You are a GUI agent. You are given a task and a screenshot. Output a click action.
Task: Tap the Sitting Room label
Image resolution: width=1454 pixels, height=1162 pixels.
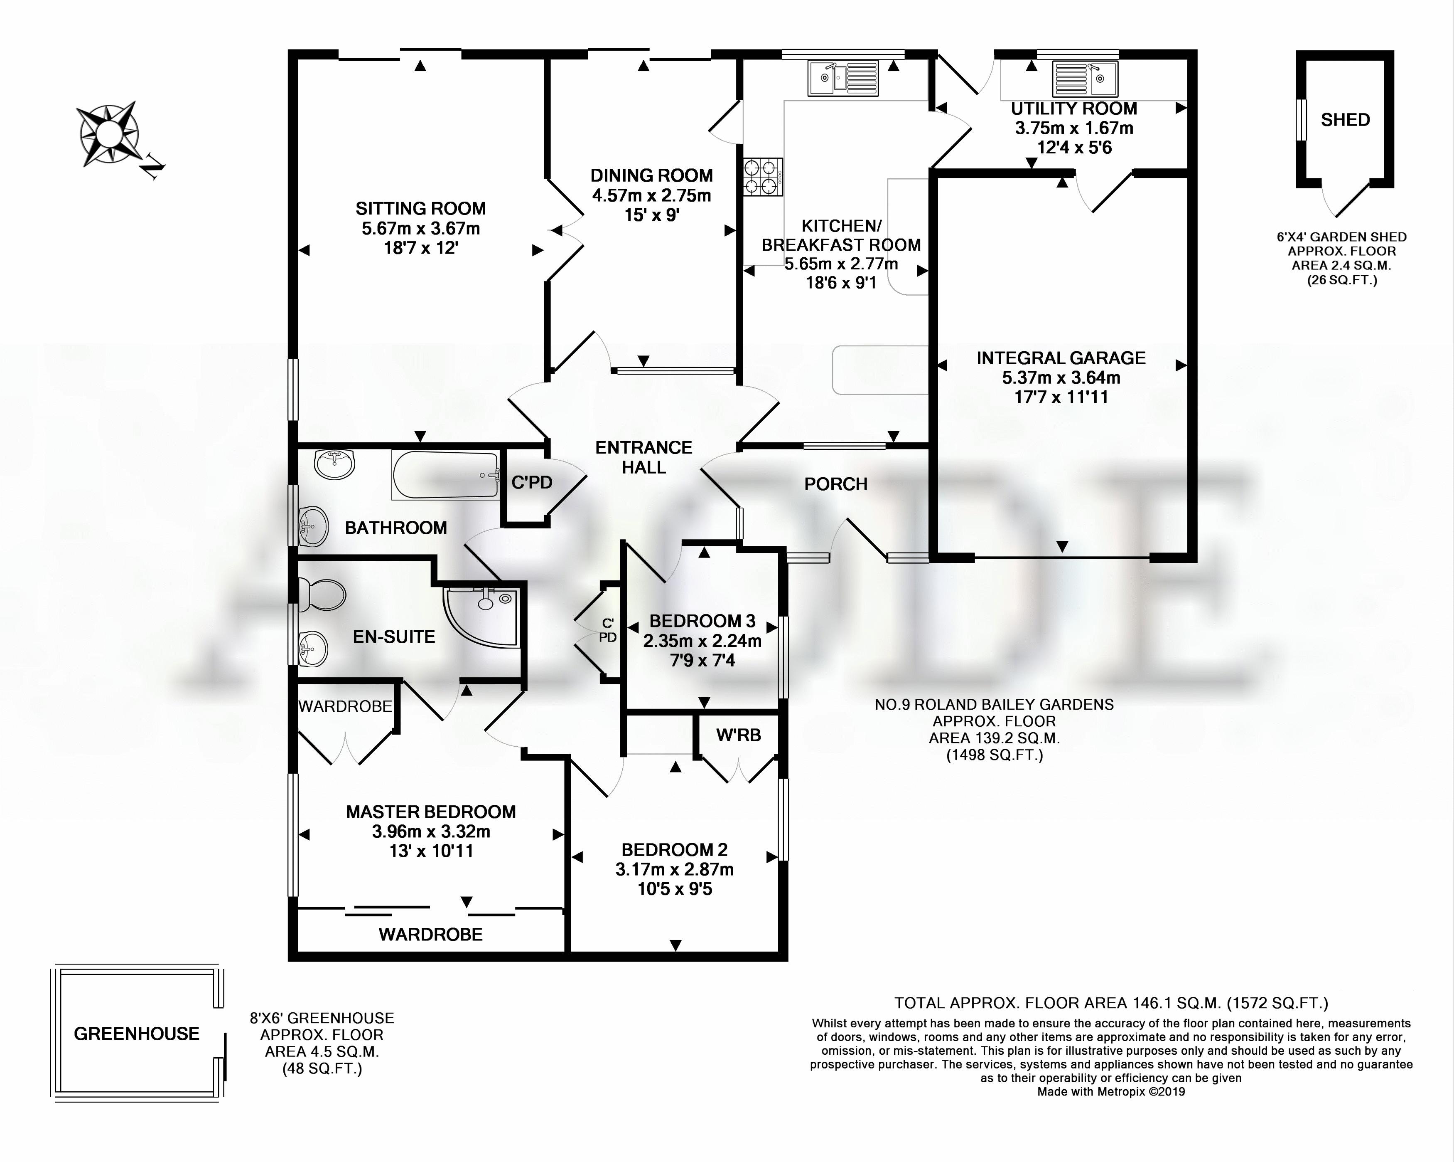tap(421, 209)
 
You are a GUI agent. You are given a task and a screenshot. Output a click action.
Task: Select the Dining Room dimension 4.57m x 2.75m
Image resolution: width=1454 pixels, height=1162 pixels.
tap(651, 196)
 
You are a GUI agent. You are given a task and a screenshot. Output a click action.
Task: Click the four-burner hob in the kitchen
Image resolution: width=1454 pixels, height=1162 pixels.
tap(763, 177)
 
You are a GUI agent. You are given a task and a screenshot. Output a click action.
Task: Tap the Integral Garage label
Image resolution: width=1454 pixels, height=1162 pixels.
tap(1061, 358)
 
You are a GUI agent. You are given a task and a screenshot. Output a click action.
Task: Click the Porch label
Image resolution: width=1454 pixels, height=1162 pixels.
tap(835, 484)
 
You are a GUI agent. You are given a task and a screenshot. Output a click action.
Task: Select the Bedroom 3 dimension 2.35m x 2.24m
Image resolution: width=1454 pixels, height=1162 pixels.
tap(702, 641)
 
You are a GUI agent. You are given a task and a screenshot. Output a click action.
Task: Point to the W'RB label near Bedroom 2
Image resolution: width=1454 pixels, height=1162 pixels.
tap(739, 735)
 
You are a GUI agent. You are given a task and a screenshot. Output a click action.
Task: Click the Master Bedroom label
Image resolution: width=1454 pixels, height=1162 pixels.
tap(431, 812)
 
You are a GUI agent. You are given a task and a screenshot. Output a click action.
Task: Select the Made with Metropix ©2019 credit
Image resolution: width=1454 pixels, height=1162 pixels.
tap(1111, 1092)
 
